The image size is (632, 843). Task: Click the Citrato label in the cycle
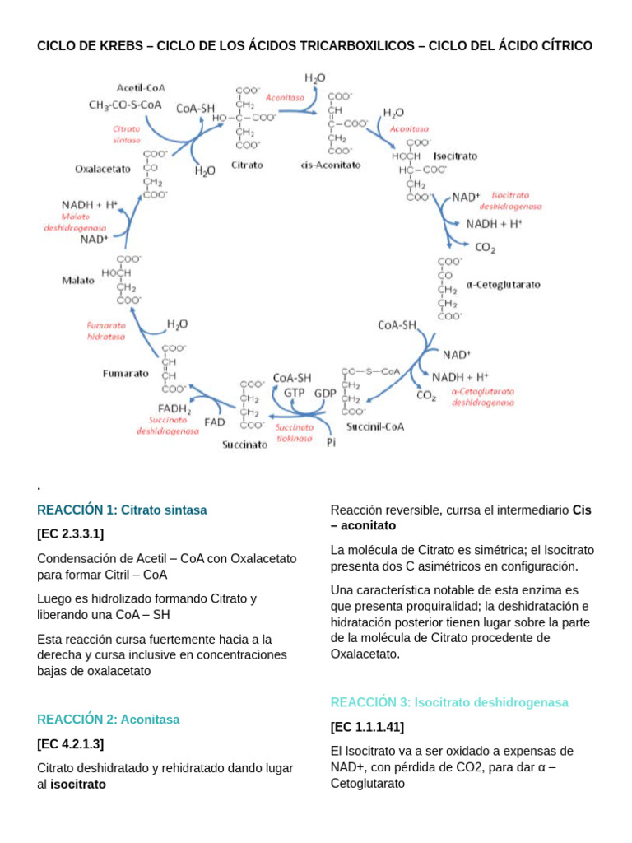pyautogui.click(x=247, y=165)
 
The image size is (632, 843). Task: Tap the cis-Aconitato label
pyautogui.click(x=332, y=165)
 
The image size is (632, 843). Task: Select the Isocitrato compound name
pyautogui.click(x=455, y=155)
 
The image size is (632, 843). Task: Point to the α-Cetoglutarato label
pyautogui.click(x=503, y=284)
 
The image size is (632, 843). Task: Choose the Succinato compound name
pyautogui.click(x=244, y=445)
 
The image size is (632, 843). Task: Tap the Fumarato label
pyautogui.click(x=126, y=373)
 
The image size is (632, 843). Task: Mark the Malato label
pyautogui.click(x=78, y=280)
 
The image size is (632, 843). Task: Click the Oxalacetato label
pyautogui.click(x=103, y=169)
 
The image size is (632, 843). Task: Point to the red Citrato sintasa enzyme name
pyautogui.click(x=127, y=134)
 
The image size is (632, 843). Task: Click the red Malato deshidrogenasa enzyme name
pyautogui.click(x=76, y=221)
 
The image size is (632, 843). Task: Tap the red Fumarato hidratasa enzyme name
pyautogui.click(x=107, y=331)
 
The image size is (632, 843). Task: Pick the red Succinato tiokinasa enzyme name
pyautogui.click(x=294, y=433)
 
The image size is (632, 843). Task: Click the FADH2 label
pyautogui.click(x=174, y=409)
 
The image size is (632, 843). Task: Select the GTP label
pyautogui.click(x=295, y=393)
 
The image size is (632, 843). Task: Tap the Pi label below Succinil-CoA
pyautogui.click(x=332, y=443)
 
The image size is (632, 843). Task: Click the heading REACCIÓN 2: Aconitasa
pyautogui.click(x=109, y=719)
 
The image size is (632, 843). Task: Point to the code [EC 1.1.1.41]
pyautogui.click(x=367, y=727)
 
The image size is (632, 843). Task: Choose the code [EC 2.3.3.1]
pyautogui.click(x=71, y=533)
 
